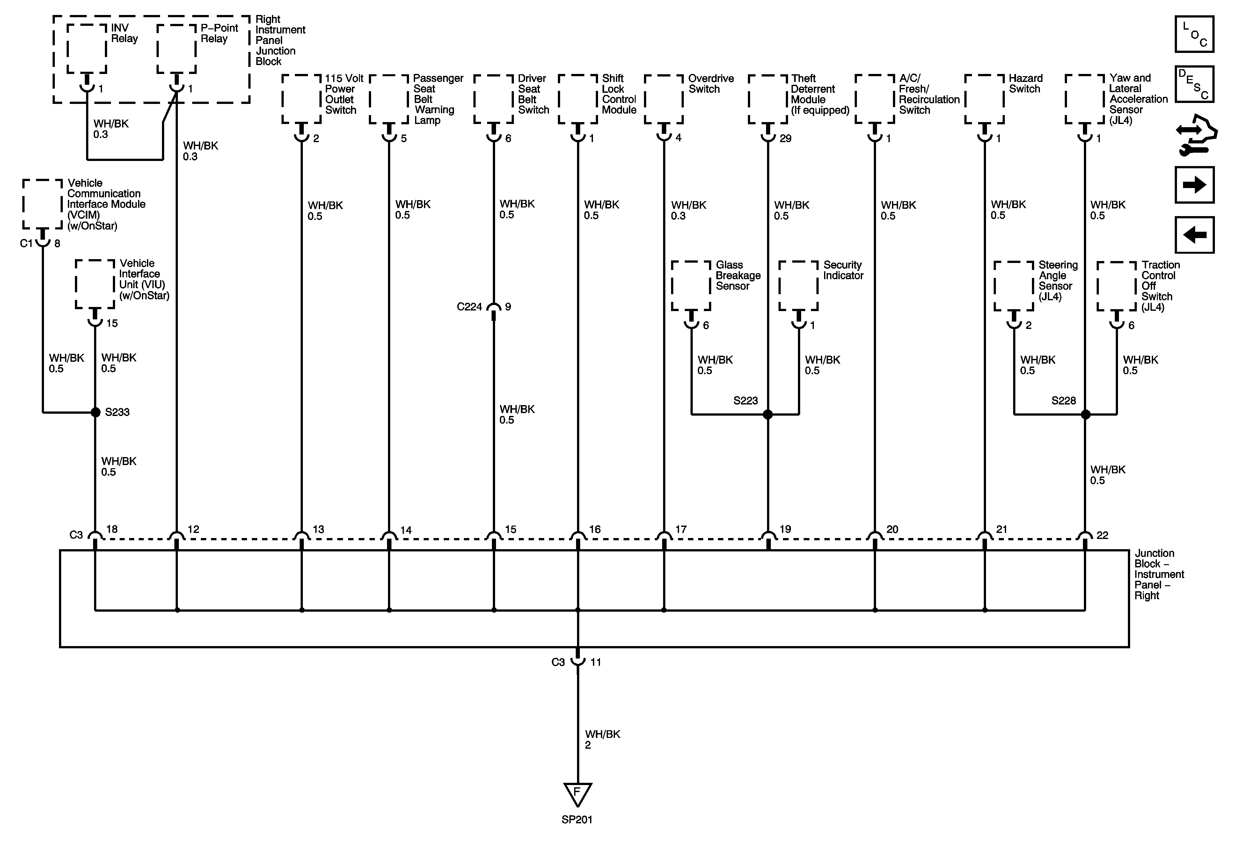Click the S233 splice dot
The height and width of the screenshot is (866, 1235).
click(x=95, y=412)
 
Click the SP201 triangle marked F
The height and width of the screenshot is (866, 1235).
click(x=578, y=793)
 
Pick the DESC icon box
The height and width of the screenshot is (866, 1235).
click(x=1194, y=84)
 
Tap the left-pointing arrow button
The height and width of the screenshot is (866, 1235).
click(x=1194, y=235)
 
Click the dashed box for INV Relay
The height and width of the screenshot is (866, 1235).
click(x=87, y=48)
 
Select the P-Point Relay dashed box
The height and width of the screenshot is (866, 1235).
click(x=176, y=48)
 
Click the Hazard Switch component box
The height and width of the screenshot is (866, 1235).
click(x=984, y=99)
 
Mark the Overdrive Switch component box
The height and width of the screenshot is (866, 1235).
click(x=664, y=99)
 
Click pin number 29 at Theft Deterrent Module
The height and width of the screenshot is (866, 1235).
click(x=785, y=139)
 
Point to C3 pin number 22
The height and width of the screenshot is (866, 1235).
click(x=1102, y=535)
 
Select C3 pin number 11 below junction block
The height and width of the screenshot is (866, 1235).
click(x=596, y=662)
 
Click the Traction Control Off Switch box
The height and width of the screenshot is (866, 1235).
click(x=1117, y=286)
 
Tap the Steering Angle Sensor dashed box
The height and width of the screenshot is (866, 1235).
click(x=1014, y=286)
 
